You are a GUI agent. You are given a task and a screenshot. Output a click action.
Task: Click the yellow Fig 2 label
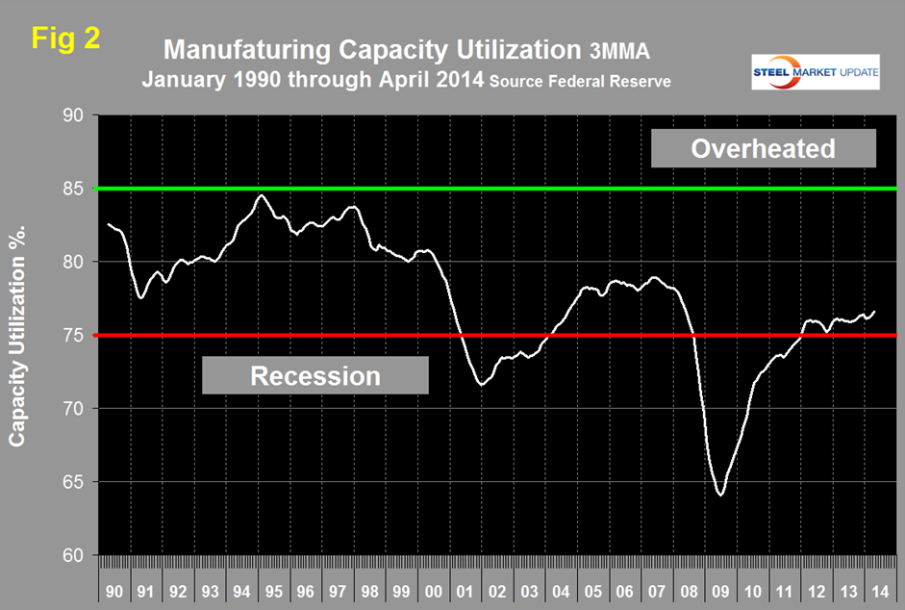[x=64, y=38]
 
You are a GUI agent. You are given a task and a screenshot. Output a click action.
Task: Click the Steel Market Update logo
[x=815, y=73]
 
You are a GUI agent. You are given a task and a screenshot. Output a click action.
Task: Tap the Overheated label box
[x=764, y=149]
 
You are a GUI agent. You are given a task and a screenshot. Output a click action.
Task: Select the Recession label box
[x=314, y=375]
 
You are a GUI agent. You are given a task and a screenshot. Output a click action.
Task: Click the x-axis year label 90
[x=114, y=586]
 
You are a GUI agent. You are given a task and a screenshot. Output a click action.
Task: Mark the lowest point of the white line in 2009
[x=719, y=496]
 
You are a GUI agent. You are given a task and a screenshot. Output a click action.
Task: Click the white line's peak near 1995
[x=262, y=195]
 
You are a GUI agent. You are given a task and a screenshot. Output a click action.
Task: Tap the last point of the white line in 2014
[x=874, y=311]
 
